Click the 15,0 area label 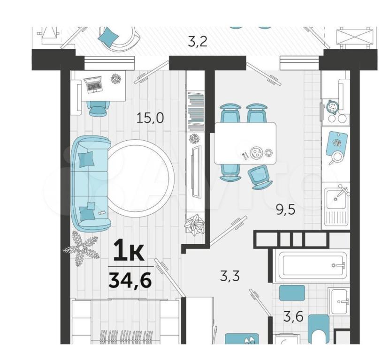point(150,118)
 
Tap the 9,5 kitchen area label point(285,210)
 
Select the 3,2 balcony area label point(198,42)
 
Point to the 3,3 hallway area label point(230,276)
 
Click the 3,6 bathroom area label point(293,317)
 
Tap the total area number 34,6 point(130,280)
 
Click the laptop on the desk point(92,84)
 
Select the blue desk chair point(98,108)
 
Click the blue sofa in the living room point(91,184)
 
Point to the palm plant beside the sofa point(81,247)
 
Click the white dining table point(245,143)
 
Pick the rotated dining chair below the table point(259,177)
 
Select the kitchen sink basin point(336,200)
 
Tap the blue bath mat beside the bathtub point(292,293)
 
